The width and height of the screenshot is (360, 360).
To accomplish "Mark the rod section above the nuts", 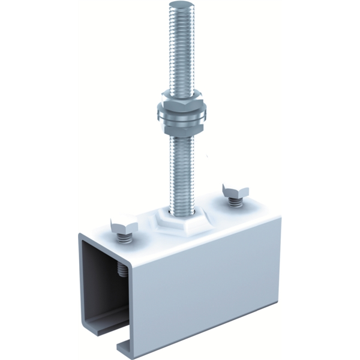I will point(179,48).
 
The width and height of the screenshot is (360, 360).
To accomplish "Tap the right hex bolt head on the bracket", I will point(235,191).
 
